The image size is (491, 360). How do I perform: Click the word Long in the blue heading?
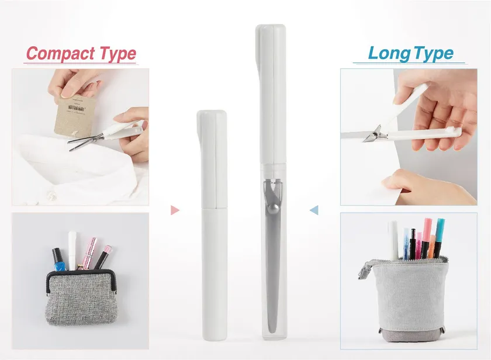click(x=389, y=54)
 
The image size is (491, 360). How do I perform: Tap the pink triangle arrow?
click(x=175, y=210)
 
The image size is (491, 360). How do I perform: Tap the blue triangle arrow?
click(x=314, y=210)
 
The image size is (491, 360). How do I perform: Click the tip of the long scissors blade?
click(x=272, y=332)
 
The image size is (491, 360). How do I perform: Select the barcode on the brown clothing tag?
click(x=76, y=108)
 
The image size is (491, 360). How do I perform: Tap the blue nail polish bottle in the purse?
click(x=59, y=261)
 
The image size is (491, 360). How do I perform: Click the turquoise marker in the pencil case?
click(x=440, y=237)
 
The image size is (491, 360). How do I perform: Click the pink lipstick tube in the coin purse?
click(x=89, y=253)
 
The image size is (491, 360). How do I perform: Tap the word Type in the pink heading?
click(x=117, y=54)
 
